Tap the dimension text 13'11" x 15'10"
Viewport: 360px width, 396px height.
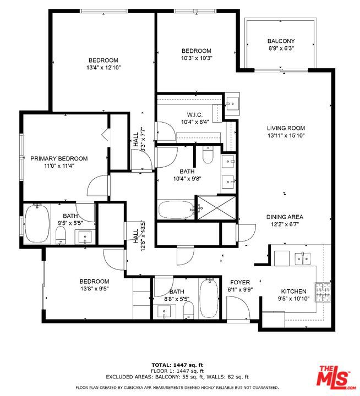click(286, 135)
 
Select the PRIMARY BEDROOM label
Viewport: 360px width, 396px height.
click(59, 158)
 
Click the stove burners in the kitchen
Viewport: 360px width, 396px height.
click(323, 292)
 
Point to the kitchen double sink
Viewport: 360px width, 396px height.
click(303, 258)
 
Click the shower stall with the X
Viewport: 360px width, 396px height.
click(217, 207)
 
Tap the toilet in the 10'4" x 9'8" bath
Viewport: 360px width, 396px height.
click(208, 155)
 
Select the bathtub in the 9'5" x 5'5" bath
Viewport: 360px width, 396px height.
click(37, 224)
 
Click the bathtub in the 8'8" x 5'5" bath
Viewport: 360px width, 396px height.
click(209, 298)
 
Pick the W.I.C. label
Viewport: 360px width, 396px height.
click(195, 115)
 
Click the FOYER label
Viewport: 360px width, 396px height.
click(240, 282)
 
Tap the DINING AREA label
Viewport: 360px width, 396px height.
click(285, 217)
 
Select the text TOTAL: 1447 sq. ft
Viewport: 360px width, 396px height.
click(177, 365)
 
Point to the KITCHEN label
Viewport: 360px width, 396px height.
click(293, 291)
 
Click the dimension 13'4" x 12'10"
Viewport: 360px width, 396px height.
click(103, 68)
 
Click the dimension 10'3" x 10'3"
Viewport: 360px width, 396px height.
click(197, 58)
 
